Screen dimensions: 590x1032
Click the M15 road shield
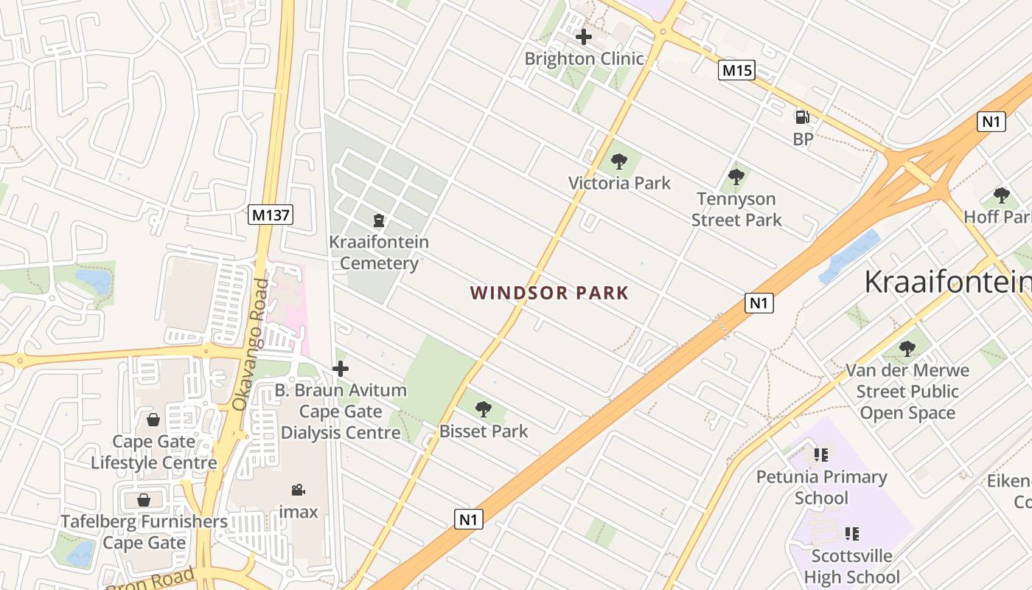pos(736,70)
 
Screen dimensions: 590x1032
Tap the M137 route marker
pos(271,215)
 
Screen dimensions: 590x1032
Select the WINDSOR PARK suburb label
pos(550,293)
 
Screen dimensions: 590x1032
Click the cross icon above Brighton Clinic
pos(584,36)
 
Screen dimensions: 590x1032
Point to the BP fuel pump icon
pos(802,117)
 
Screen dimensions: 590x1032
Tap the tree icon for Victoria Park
pos(619,161)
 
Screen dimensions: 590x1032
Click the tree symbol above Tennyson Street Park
pos(736,176)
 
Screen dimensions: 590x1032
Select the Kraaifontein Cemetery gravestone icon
pos(379,220)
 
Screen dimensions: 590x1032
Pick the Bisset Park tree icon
pos(484,409)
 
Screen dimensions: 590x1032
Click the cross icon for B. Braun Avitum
pos(341,368)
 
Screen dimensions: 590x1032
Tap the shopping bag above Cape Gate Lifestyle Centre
pos(153,420)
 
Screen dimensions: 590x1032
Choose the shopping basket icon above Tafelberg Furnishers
pos(144,500)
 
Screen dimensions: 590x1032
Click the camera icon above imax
pos(298,490)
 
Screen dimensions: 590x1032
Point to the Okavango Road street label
pos(251,344)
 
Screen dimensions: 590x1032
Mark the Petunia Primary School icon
pos(821,455)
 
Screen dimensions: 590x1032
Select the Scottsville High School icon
pos(852,533)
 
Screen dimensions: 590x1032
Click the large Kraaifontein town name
pos(948,282)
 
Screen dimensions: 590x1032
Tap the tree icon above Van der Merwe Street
pos(907,348)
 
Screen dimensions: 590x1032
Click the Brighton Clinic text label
pos(584,58)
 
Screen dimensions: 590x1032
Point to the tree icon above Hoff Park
pos(1001,195)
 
